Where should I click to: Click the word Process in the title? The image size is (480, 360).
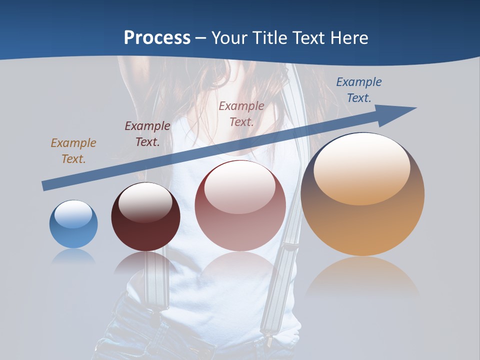tap(157, 37)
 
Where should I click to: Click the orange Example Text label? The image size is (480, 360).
tap(73, 150)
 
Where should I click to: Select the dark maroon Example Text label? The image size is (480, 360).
tap(147, 133)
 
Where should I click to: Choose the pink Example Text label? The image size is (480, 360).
tap(241, 113)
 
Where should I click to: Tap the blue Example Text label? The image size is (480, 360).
tap(359, 89)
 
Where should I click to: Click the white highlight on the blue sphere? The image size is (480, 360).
tap(73, 214)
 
